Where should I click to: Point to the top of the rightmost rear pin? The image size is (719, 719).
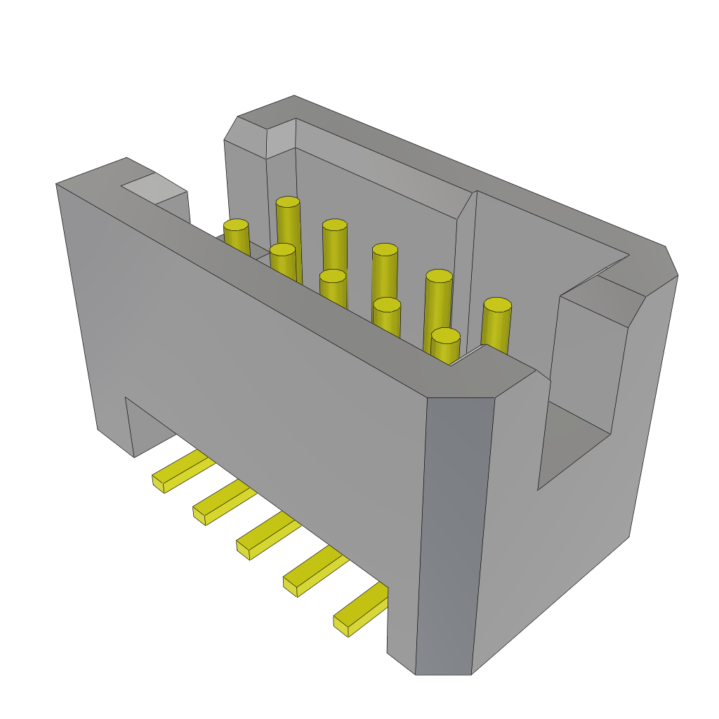click(x=497, y=305)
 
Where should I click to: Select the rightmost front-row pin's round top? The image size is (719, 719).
click(x=445, y=336)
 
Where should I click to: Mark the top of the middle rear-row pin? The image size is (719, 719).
click(x=385, y=249)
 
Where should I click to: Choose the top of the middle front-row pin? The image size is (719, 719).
click(x=333, y=276)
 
